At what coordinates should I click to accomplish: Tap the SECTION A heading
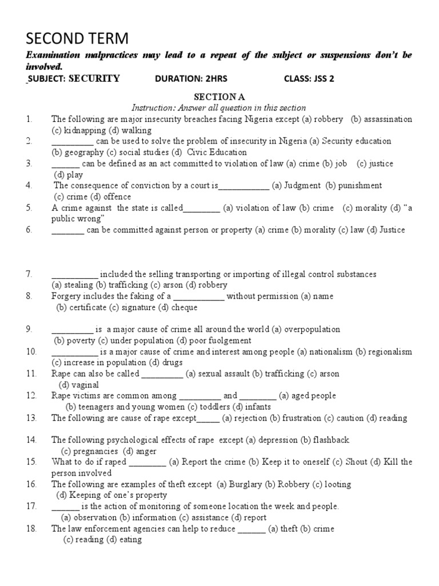tap(219, 97)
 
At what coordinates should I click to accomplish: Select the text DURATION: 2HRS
tap(189, 79)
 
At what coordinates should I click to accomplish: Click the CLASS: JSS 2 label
tap(309, 79)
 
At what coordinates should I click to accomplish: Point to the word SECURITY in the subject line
tap(94, 79)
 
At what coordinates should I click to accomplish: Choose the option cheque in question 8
tap(185, 307)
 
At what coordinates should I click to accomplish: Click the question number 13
tap(31, 418)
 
